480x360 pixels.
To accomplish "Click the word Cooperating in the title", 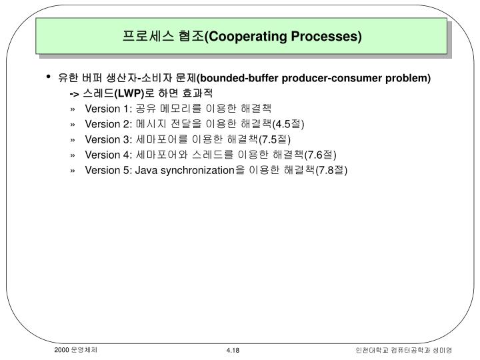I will click(247, 35).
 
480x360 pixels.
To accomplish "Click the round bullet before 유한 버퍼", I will click(49, 77).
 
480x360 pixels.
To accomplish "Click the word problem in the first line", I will click(411, 78).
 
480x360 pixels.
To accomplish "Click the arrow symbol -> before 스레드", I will click(73, 93).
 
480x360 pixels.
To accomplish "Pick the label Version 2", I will click(109, 123).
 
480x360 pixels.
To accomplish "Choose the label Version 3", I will click(109, 139).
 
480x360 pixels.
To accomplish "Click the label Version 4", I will click(109, 154).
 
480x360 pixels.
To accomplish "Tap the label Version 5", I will click(109, 169).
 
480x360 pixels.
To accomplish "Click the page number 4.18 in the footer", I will click(233, 351).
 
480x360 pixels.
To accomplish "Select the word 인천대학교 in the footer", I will click(371, 351).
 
